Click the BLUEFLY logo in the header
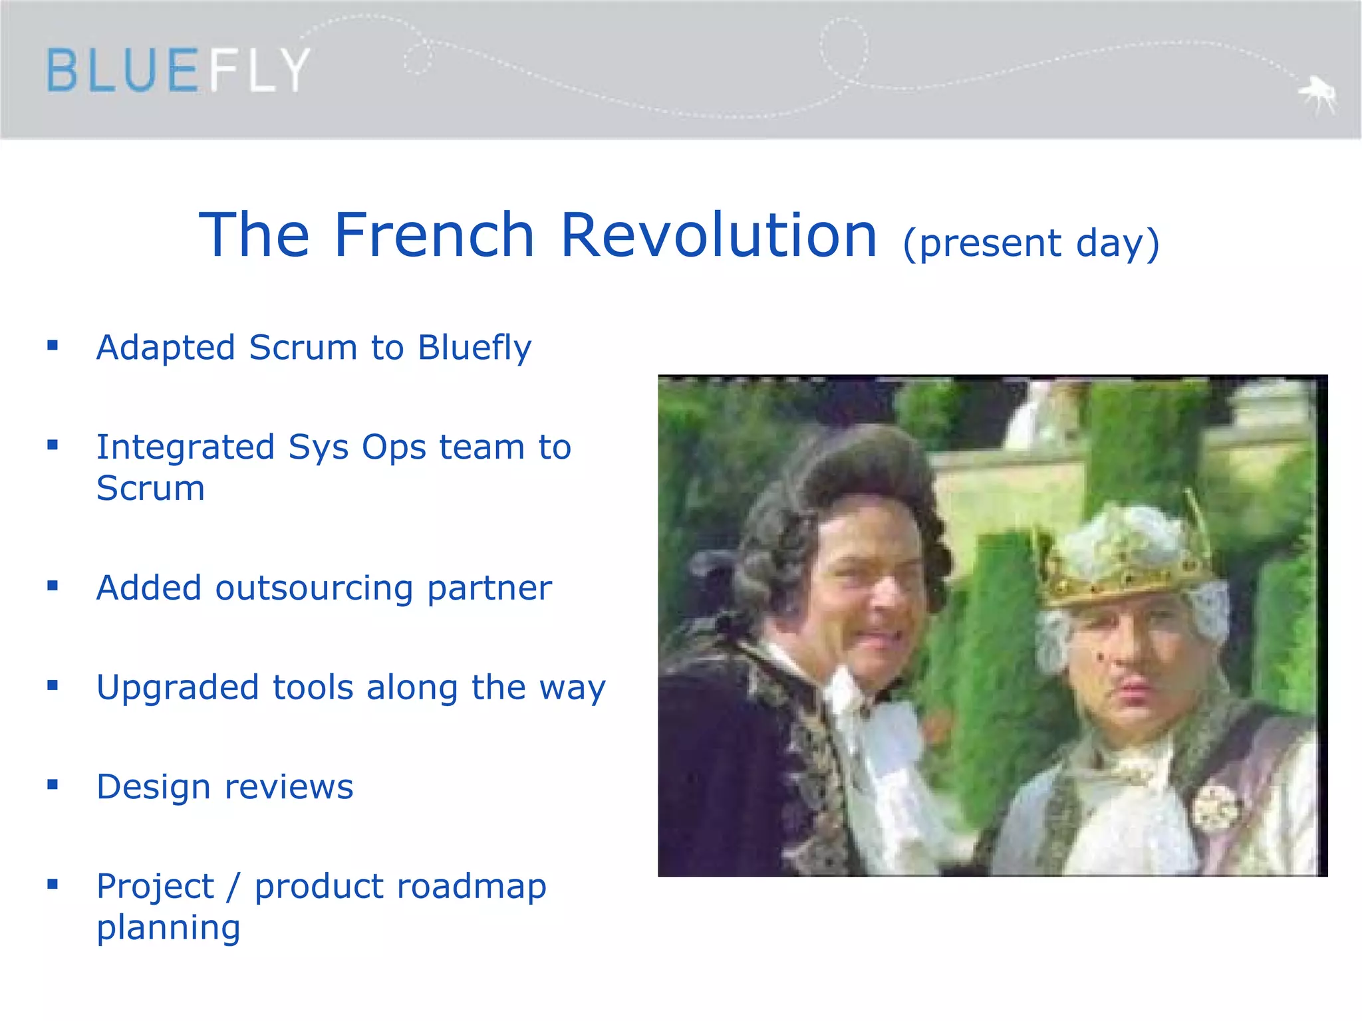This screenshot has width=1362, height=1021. click(178, 70)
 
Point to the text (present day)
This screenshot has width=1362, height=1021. click(1031, 243)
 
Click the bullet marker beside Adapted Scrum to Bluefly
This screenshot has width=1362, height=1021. click(53, 345)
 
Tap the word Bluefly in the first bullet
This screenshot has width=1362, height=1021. click(474, 348)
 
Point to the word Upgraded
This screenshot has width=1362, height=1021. click(177, 688)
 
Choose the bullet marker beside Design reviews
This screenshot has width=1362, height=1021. click(53, 785)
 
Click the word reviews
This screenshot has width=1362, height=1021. click(289, 787)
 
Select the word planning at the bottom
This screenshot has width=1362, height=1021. click(168, 928)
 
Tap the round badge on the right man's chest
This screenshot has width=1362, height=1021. click(1215, 808)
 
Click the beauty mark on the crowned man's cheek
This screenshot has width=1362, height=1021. click(1099, 657)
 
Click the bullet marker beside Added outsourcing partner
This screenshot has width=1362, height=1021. click(53, 586)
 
